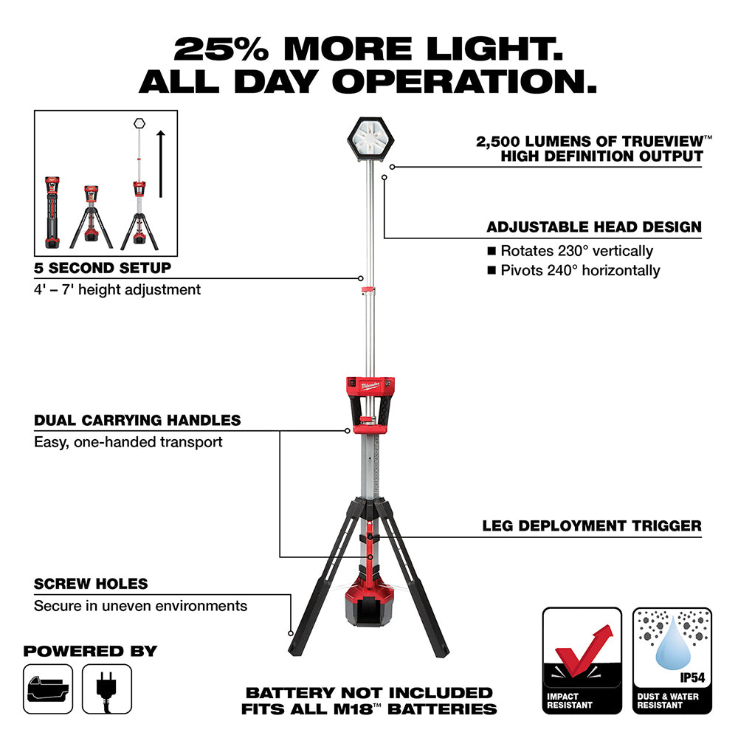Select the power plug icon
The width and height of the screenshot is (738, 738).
(107, 688)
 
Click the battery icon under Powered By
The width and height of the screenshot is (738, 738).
(48, 688)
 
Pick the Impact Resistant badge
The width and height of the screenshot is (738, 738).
(582, 661)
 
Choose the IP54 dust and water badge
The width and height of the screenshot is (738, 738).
(672, 661)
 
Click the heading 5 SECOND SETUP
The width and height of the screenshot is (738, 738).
(103, 267)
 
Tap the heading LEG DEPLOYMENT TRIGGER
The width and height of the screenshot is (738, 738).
(592, 525)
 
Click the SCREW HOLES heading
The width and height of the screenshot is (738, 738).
(91, 584)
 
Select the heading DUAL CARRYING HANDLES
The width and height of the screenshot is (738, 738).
(137, 420)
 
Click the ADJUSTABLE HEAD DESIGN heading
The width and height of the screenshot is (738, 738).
(594, 227)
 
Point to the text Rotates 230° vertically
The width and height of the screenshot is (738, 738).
(576, 251)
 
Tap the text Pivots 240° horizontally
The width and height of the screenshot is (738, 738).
(580, 270)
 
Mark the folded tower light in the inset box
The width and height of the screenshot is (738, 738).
(52, 213)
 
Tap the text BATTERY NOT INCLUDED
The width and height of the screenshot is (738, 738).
(369, 692)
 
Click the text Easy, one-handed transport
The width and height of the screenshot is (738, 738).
(128, 442)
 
